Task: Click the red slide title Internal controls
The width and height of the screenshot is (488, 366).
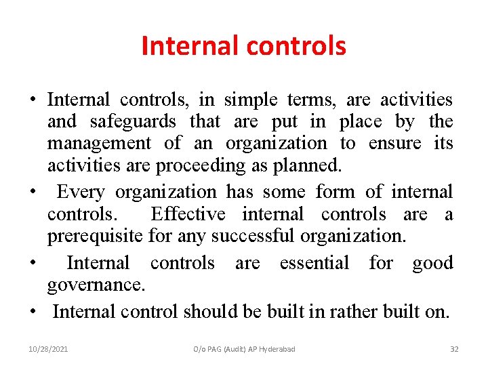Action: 243,46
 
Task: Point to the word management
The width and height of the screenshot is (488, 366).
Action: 99,144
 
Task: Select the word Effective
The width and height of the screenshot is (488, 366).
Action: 188,214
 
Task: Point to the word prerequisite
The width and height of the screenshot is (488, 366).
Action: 96,236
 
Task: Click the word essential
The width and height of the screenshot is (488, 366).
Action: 314,263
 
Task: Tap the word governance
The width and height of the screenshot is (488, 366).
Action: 96,285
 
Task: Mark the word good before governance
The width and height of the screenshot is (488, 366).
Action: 432,263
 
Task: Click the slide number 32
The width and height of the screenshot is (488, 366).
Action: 454,349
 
